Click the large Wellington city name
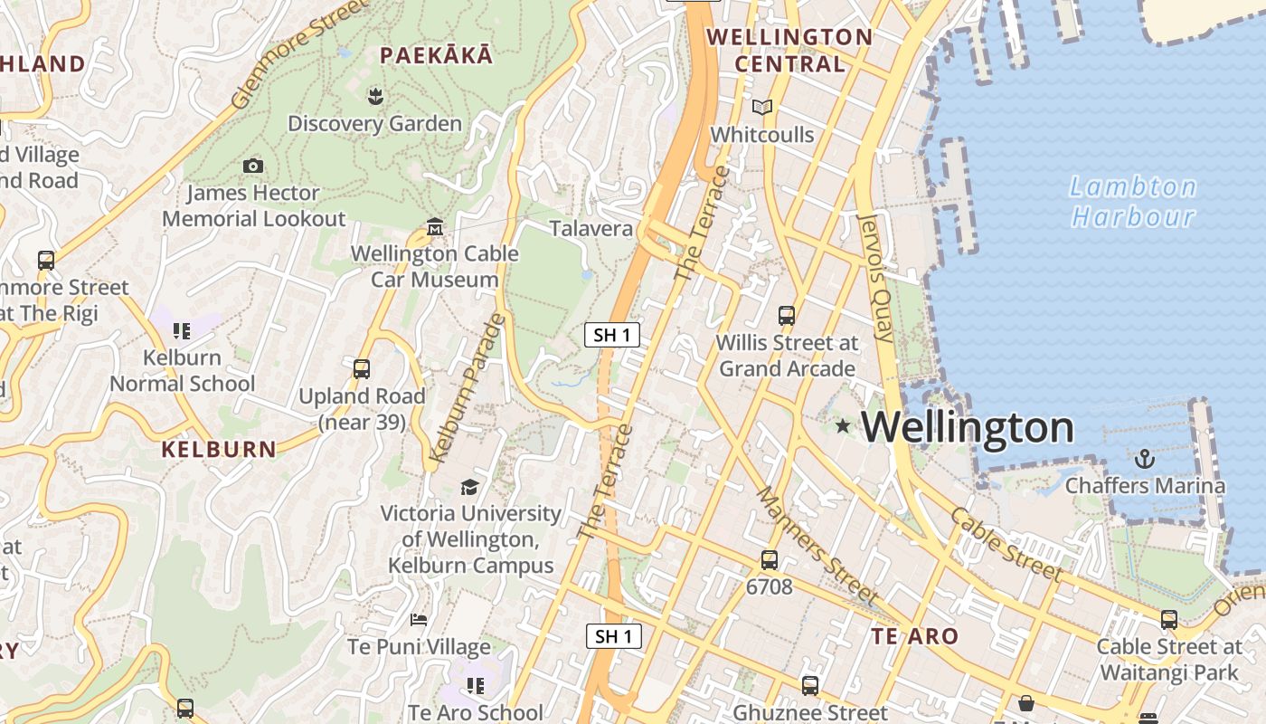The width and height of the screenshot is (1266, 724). [x=968, y=427]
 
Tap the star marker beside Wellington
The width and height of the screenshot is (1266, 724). [x=843, y=425]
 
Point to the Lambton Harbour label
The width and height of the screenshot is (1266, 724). [x=1133, y=202]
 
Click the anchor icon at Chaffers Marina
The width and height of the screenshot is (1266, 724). [x=1145, y=459]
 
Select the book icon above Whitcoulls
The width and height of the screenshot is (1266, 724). [x=762, y=108]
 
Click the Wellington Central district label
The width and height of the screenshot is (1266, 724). [x=789, y=51]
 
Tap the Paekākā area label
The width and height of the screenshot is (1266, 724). [x=436, y=56]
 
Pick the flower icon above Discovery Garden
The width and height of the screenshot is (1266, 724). [x=375, y=95]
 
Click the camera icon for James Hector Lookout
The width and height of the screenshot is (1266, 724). [x=253, y=166]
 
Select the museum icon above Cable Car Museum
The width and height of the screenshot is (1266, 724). [x=435, y=226]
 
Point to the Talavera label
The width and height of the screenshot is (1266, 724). [x=591, y=228]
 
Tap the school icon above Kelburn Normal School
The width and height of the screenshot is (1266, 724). [x=182, y=331]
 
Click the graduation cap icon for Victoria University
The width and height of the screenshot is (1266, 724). [x=469, y=487]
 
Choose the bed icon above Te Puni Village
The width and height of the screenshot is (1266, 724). [x=419, y=620]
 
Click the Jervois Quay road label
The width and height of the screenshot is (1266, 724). [x=874, y=278]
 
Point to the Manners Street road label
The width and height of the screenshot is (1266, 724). [x=816, y=546]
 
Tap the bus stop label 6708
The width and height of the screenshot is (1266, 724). [x=770, y=586]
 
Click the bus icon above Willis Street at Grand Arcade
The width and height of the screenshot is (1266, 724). [x=787, y=316]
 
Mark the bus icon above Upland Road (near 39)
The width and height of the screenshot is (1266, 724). [x=362, y=369]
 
